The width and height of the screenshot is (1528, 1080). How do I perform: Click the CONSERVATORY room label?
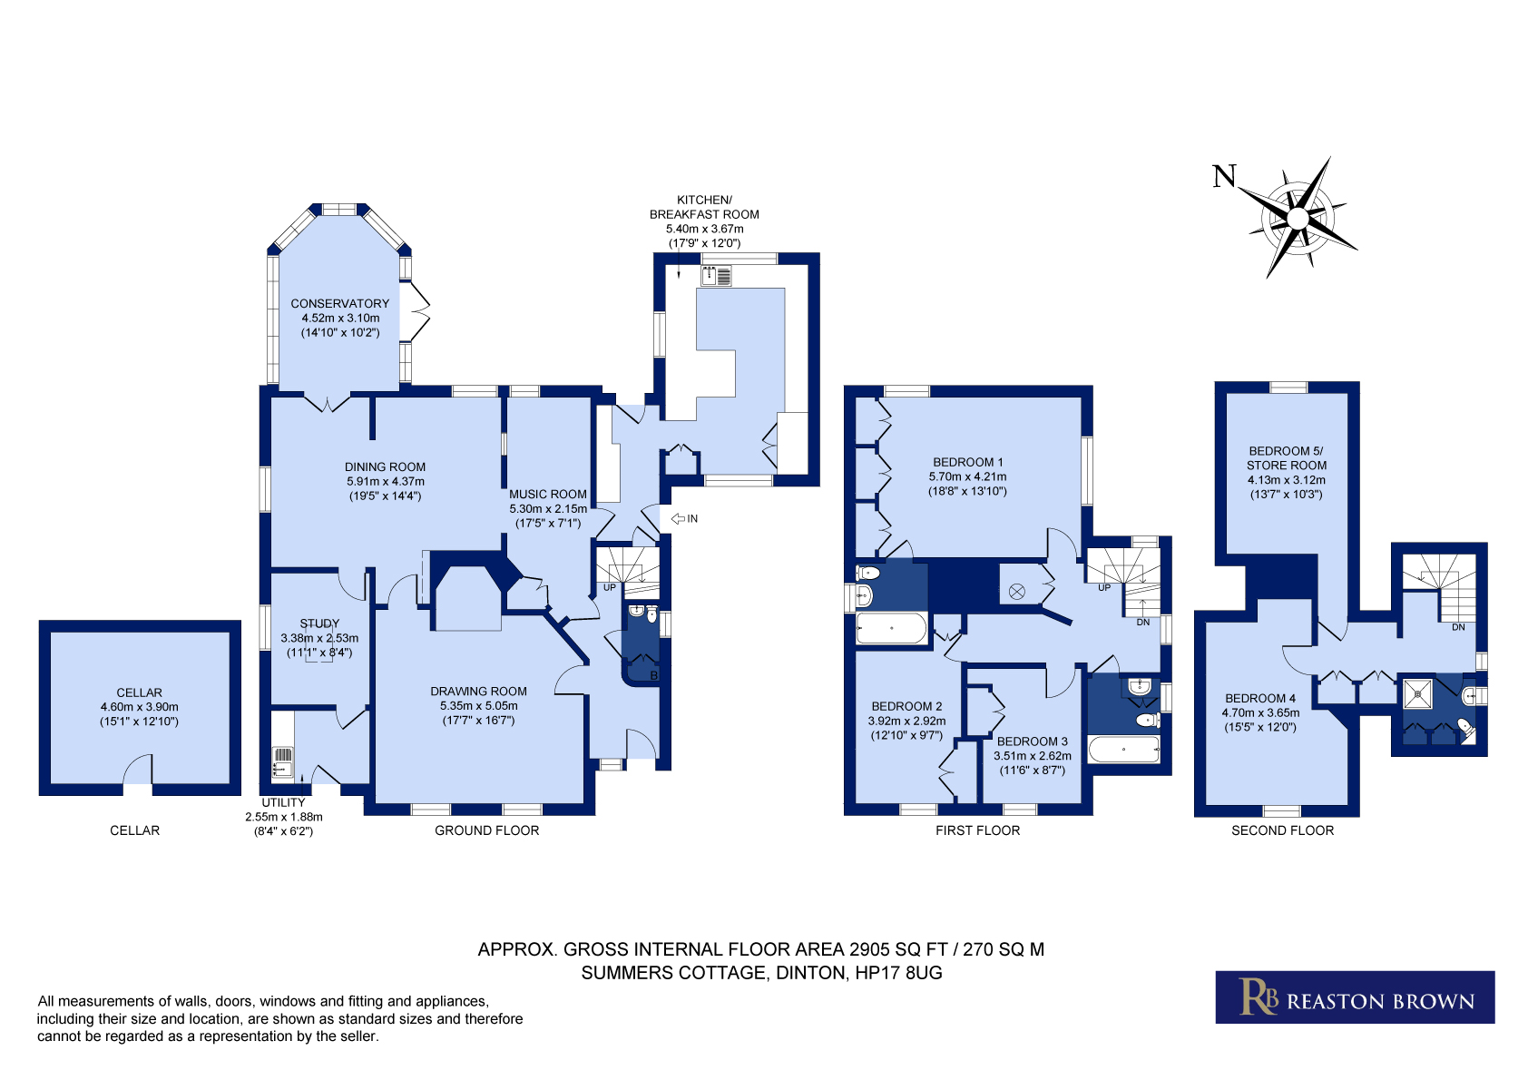tap(339, 304)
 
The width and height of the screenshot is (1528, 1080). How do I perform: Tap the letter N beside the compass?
tap(1224, 176)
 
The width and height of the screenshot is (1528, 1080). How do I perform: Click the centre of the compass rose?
tap(1298, 219)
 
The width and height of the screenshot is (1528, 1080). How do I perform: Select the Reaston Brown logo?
tap(1355, 997)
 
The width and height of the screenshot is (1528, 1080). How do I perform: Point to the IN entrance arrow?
tap(678, 518)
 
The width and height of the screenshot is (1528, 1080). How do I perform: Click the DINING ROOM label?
tap(385, 467)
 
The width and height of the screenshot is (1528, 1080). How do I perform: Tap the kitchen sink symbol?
tap(716, 276)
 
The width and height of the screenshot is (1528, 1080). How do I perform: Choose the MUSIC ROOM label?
tap(548, 494)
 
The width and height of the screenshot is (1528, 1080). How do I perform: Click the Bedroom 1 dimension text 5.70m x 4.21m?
tap(967, 476)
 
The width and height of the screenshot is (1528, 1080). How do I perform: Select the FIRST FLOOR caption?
tap(977, 830)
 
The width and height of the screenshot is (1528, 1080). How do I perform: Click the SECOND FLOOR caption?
tap(1282, 830)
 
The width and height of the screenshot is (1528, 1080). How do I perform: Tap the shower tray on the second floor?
tap(1418, 694)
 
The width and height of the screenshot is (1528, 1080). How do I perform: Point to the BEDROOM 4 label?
tap(1260, 699)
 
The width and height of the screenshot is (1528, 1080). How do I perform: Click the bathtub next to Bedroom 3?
tap(1123, 749)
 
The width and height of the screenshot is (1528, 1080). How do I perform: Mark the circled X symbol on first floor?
tap(1016, 592)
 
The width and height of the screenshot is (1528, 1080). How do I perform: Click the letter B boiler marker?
tap(653, 675)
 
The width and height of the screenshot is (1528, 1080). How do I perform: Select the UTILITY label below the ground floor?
tap(283, 803)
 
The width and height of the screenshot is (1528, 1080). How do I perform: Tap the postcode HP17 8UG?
tap(898, 973)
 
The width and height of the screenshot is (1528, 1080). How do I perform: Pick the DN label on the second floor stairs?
tap(1458, 627)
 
